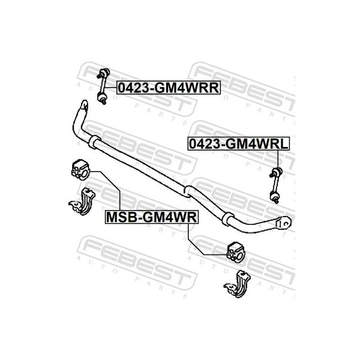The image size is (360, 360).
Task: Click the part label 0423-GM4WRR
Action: point(169,88)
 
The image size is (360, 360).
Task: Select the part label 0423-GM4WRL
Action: point(239,144)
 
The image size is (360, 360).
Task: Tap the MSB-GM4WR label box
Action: point(152,217)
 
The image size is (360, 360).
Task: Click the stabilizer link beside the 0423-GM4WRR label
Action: point(103,86)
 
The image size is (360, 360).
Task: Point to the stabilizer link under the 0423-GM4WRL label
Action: point(276,185)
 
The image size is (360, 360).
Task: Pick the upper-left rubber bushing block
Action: point(80,170)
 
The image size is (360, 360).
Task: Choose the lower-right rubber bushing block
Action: point(236,252)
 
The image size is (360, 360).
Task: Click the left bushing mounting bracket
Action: point(82,202)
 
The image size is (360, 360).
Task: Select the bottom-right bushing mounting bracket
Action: point(238,284)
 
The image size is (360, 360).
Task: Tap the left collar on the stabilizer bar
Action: point(94,142)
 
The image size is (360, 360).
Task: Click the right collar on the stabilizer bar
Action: point(227,219)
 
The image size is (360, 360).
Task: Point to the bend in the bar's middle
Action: point(188,191)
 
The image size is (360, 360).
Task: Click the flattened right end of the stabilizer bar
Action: point(283,223)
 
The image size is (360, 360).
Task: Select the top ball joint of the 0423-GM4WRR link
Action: point(104,73)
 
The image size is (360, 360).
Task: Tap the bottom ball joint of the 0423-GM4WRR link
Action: point(102,98)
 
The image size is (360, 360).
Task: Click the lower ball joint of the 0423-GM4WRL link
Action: point(275,197)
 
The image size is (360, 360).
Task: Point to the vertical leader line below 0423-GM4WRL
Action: point(278,160)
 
